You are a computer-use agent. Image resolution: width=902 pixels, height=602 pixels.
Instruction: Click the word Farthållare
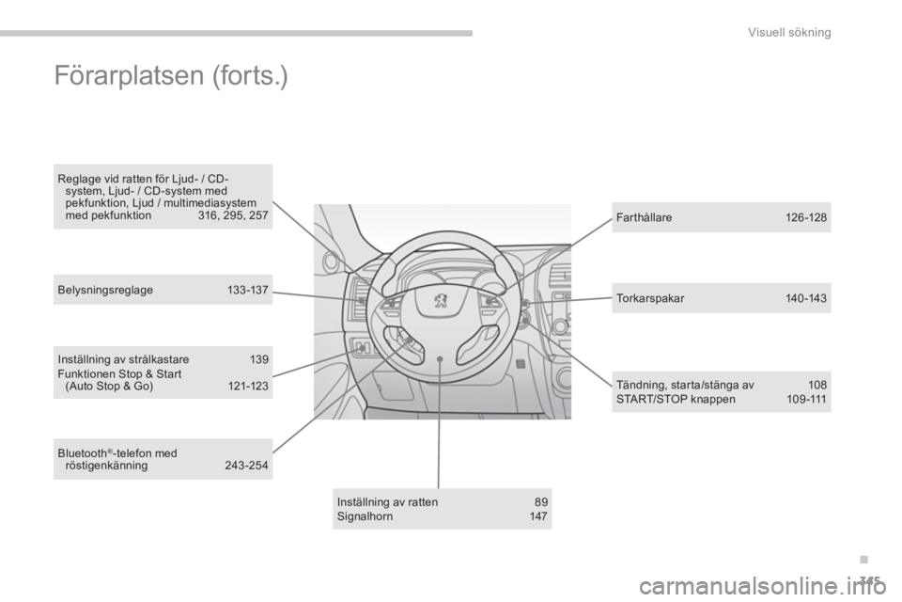[644, 218]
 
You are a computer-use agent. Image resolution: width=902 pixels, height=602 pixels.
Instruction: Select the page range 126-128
[805, 218]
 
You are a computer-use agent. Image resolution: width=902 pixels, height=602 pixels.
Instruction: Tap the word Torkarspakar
[650, 298]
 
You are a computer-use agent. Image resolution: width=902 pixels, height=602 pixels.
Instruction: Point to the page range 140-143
[805, 298]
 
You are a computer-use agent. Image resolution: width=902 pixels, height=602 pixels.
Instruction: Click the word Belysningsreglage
[105, 290]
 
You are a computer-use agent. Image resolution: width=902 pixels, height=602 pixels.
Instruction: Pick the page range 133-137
[247, 290]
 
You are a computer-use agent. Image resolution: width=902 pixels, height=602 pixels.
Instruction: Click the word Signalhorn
[365, 516]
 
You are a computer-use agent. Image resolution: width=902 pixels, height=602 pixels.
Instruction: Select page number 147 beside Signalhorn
[537, 516]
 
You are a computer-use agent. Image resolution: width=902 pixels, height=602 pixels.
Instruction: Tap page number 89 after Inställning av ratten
[541, 501]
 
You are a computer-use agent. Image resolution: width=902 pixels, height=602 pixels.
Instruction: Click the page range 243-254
[246, 466]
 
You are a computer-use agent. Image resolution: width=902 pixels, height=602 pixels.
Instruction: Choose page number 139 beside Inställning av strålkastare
[259, 359]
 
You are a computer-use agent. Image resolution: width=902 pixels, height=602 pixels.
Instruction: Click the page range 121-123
[248, 386]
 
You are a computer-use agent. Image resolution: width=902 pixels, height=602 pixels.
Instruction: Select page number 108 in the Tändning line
[816, 385]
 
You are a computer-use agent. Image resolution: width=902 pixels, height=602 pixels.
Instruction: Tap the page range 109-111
[806, 399]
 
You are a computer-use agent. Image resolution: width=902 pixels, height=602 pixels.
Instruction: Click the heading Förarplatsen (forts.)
[171, 76]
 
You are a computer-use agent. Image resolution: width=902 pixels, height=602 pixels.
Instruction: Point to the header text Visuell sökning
[789, 32]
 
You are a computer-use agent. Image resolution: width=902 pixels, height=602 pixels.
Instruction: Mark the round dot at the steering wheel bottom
[439, 358]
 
